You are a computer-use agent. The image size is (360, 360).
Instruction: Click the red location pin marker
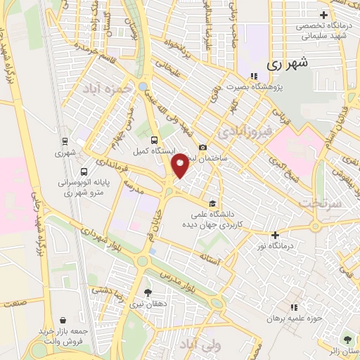(180, 165)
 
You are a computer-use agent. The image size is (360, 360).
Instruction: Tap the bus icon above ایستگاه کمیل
(155, 139)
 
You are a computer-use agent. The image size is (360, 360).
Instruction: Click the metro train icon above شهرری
(65, 140)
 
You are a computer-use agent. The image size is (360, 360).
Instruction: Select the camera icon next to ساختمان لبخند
(202, 148)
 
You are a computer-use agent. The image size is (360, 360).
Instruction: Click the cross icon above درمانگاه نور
(275, 235)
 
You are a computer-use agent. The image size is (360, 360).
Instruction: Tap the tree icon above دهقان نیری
(147, 292)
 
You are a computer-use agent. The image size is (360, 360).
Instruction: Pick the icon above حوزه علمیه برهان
(295, 307)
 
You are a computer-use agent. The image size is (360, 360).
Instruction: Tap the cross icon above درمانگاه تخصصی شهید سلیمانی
(323, 15)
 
